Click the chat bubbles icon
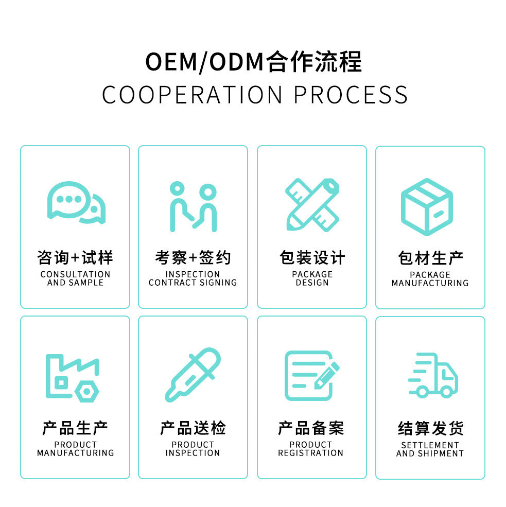click(x=76, y=202)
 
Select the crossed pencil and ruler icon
click(x=312, y=204)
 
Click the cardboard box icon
click(x=427, y=206)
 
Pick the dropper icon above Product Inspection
click(x=193, y=375)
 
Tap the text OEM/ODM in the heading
click(x=204, y=62)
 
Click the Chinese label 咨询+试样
click(x=75, y=257)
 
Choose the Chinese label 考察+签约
click(x=193, y=257)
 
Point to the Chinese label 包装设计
click(x=312, y=257)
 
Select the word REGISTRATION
click(x=311, y=453)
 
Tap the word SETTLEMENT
click(x=430, y=445)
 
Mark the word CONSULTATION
click(x=75, y=274)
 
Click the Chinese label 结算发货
click(x=430, y=428)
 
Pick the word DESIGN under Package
click(x=312, y=283)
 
